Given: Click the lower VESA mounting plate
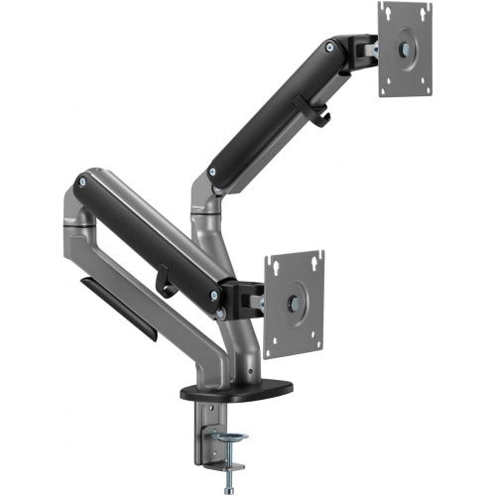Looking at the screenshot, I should [x=295, y=297].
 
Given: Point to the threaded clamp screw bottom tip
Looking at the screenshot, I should [x=229, y=485].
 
